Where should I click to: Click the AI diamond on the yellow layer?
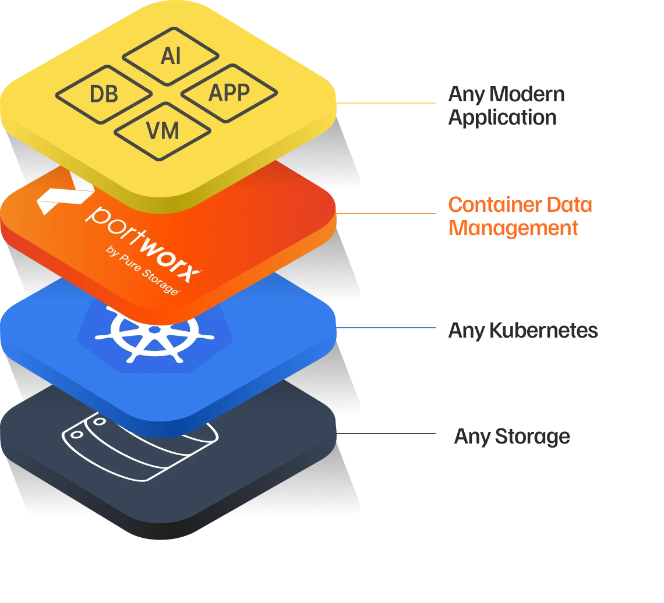(171, 56)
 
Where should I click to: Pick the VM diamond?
(163, 130)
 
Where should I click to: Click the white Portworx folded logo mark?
(61, 195)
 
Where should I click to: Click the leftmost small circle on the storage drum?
(75, 434)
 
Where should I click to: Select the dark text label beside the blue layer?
(524, 332)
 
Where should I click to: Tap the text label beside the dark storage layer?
(511, 437)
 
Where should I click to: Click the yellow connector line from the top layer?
(387, 105)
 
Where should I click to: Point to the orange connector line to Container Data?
(387, 213)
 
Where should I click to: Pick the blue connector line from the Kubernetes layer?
(387, 329)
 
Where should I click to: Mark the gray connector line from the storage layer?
(387, 435)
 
